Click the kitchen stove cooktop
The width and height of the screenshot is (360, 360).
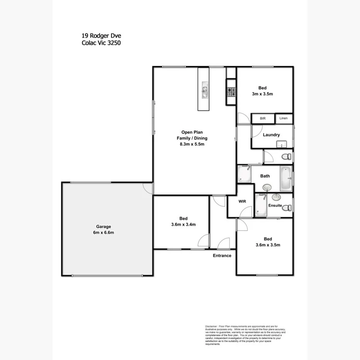pyautogui.click(x=231, y=92)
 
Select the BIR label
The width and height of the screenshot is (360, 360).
pyautogui.click(x=263, y=119)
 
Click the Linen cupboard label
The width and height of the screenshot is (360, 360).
pyautogui.click(x=284, y=118)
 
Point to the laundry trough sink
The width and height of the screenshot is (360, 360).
pyautogui.click(x=281, y=144)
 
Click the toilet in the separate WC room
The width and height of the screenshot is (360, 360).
pyautogui.click(x=286, y=157)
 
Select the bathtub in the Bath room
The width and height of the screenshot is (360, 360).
pyautogui.click(x=285, y=178)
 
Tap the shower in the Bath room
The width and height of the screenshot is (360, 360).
pyautogui.click(x=244, y=174)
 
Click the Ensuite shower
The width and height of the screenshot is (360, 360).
pyautogui.click(x=261, y=205)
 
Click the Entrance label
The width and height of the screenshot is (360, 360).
pyautogui.click(x=222, y=255)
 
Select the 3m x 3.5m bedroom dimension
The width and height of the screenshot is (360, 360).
pyautogui.click(x=263, y=94)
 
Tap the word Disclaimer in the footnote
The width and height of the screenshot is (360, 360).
pyautogui.click(x=211, y=326)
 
